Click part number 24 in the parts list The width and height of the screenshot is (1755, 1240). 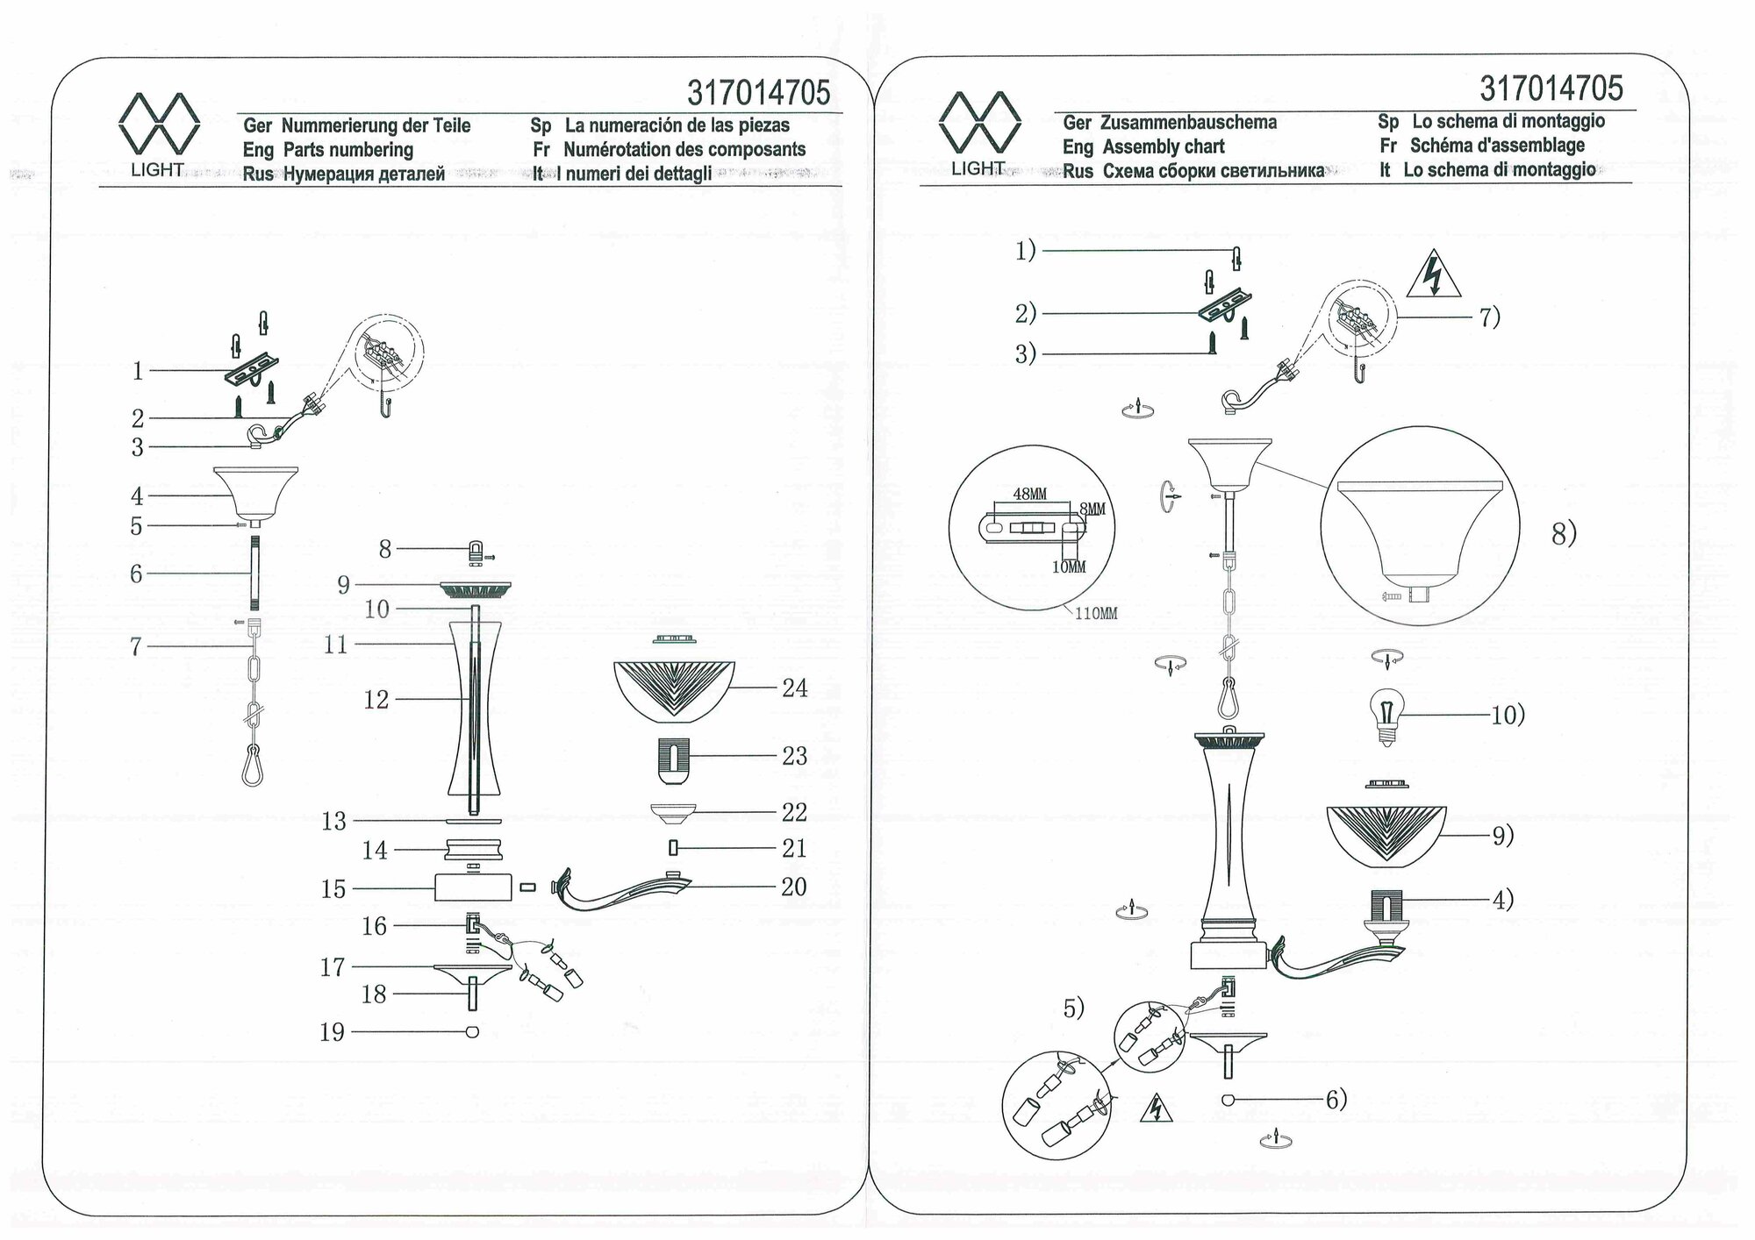click(x=794, y=688)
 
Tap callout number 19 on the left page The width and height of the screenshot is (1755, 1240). click(x=332, y=1032)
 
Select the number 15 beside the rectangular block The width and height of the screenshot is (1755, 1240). click(x=333, y=889)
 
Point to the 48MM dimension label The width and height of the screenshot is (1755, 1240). click(x=1030, y=495)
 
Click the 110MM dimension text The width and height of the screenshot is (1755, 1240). click(x=1096, y=614)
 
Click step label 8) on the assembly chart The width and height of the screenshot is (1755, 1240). click(x=1564, y=533)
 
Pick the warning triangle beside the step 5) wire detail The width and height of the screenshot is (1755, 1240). click(x=1157, y=1111)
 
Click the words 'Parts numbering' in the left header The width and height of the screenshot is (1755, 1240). click(x=348, y=150)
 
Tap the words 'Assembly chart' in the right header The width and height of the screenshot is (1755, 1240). click(x=1164, y=146)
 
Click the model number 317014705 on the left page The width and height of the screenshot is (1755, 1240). click(x=758, y=93)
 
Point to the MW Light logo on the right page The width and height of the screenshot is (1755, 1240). click(x=979, y=132)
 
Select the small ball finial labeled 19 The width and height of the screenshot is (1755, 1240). click(x=473, y=1032)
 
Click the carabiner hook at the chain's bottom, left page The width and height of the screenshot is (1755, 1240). click(x=252, y=765)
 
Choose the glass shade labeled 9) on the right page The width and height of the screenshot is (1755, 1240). click(x=1386, y=836)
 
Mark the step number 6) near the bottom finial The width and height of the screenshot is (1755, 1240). click(x=1336, y=1100)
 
